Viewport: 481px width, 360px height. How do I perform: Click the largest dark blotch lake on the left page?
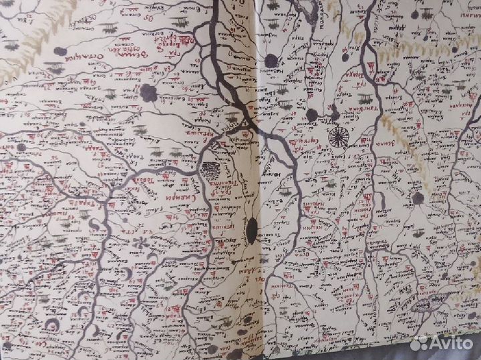[x=149, y=94]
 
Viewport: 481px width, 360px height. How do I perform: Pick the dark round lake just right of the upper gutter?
[x=271, y=61]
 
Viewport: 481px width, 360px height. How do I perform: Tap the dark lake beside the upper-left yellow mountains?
[x=61, y=51]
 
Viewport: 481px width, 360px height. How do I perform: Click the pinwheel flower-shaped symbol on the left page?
[x=141, y=245]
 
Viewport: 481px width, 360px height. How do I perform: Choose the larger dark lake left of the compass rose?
[x=311, y=115]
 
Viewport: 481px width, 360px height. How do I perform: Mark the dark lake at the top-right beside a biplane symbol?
[x=414, y=14]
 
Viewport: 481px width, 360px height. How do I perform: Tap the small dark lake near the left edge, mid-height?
[x=21, y=147]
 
